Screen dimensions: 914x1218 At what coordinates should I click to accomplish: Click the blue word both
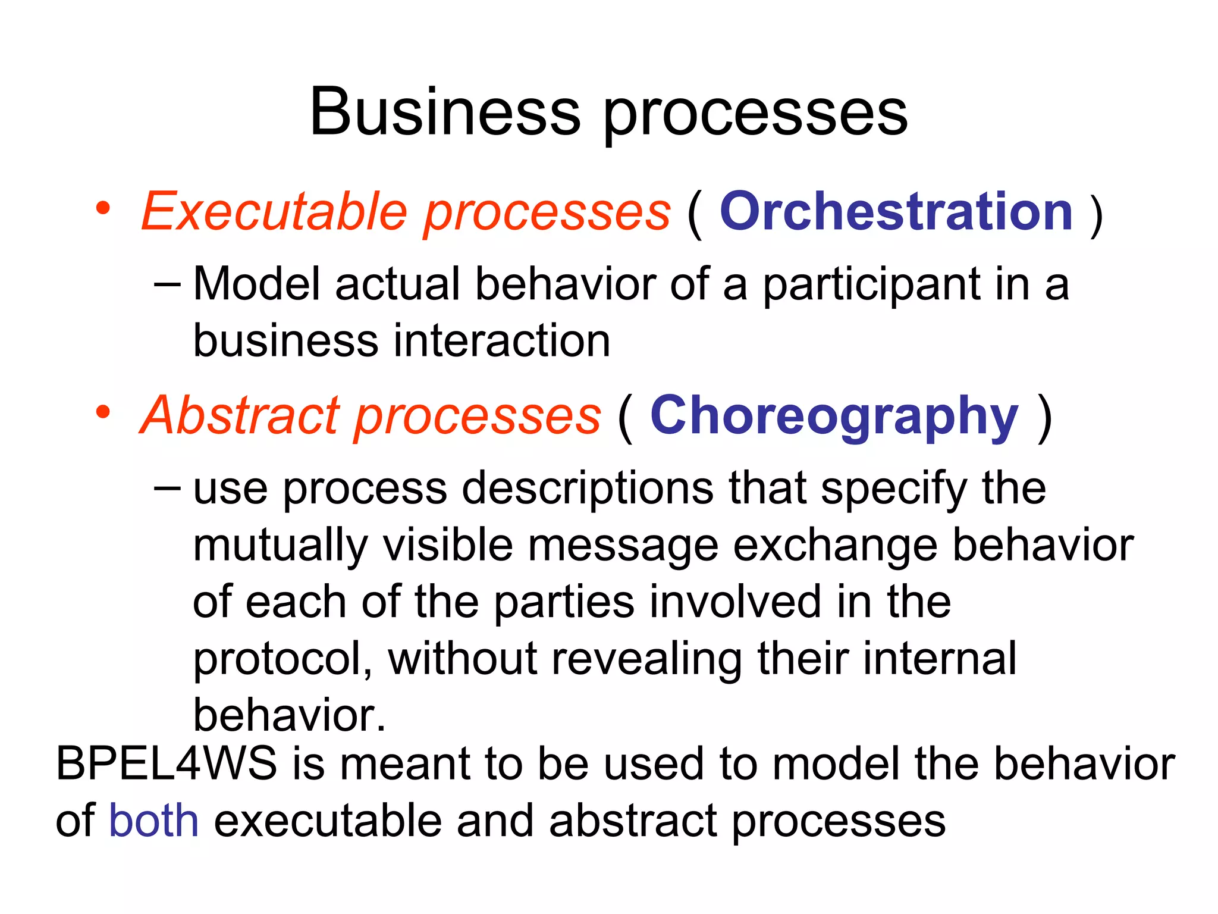coord(153,821)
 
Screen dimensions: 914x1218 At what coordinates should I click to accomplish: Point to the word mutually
coord(280,546)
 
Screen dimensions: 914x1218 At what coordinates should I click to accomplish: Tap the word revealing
coord(647,659)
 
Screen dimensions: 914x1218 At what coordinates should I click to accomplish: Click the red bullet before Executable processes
coord(103,208)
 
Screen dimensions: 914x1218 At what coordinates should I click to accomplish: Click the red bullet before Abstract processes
coord(103,412)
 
